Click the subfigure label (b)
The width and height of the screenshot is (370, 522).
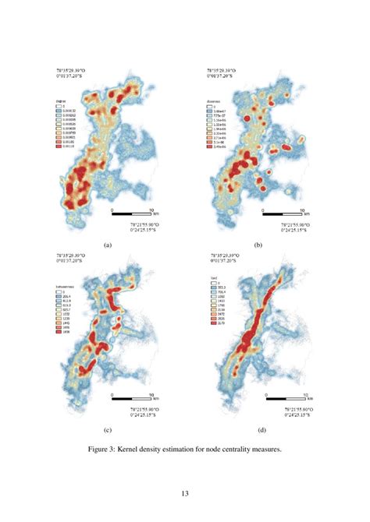(x=258, y=243)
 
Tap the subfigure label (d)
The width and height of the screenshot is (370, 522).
(x=258, y=429)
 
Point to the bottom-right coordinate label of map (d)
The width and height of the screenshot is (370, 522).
(x=304, y=414)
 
